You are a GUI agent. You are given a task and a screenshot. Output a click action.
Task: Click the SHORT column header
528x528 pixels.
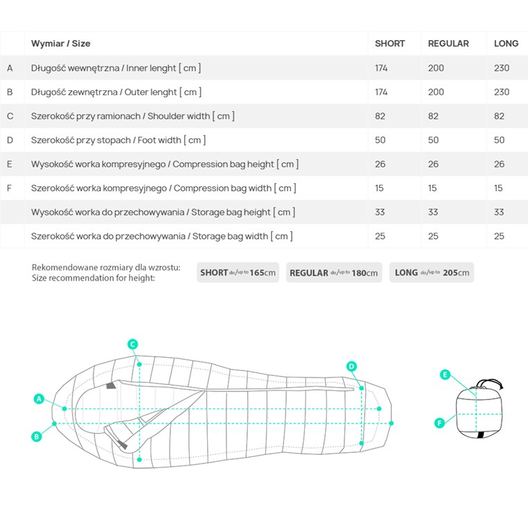(390, 44)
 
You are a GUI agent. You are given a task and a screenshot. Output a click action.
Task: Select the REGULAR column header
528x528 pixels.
(448, 44)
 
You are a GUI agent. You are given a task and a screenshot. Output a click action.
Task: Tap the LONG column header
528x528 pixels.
(506, 44)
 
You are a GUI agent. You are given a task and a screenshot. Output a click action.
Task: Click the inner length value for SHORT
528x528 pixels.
(381, 68)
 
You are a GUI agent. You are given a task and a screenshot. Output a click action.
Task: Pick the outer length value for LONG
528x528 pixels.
(502, 92)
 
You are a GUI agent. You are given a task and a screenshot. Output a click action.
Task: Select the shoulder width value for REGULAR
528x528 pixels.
(433, 116)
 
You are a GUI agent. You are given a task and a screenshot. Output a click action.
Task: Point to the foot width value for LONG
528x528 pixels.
(499, 140)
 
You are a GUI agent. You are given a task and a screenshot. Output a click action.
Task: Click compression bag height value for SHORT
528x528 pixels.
(380, 165)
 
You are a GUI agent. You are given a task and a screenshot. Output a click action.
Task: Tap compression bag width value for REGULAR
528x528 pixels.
(432, 188)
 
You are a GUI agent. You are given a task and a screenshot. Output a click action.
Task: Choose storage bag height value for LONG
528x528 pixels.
(499, 212)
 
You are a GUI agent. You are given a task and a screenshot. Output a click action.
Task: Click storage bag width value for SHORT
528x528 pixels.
(380, 236)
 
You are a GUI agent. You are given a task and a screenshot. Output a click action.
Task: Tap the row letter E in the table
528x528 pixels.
(10, 165)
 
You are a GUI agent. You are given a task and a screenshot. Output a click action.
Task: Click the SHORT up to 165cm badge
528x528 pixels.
(238, 272)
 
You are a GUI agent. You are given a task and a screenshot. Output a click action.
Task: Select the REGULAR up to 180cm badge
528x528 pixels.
(334, 272)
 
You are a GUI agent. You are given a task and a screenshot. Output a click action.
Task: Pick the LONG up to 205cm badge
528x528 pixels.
(431, 272)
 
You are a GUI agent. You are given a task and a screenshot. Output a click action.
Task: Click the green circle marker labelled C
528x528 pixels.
(133, 344)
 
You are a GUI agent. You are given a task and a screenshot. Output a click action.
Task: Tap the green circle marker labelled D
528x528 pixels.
(352, 366)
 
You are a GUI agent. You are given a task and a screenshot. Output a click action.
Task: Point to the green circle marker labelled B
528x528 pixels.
(36, 437)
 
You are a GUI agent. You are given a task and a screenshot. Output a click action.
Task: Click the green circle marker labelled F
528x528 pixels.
(440, 423)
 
